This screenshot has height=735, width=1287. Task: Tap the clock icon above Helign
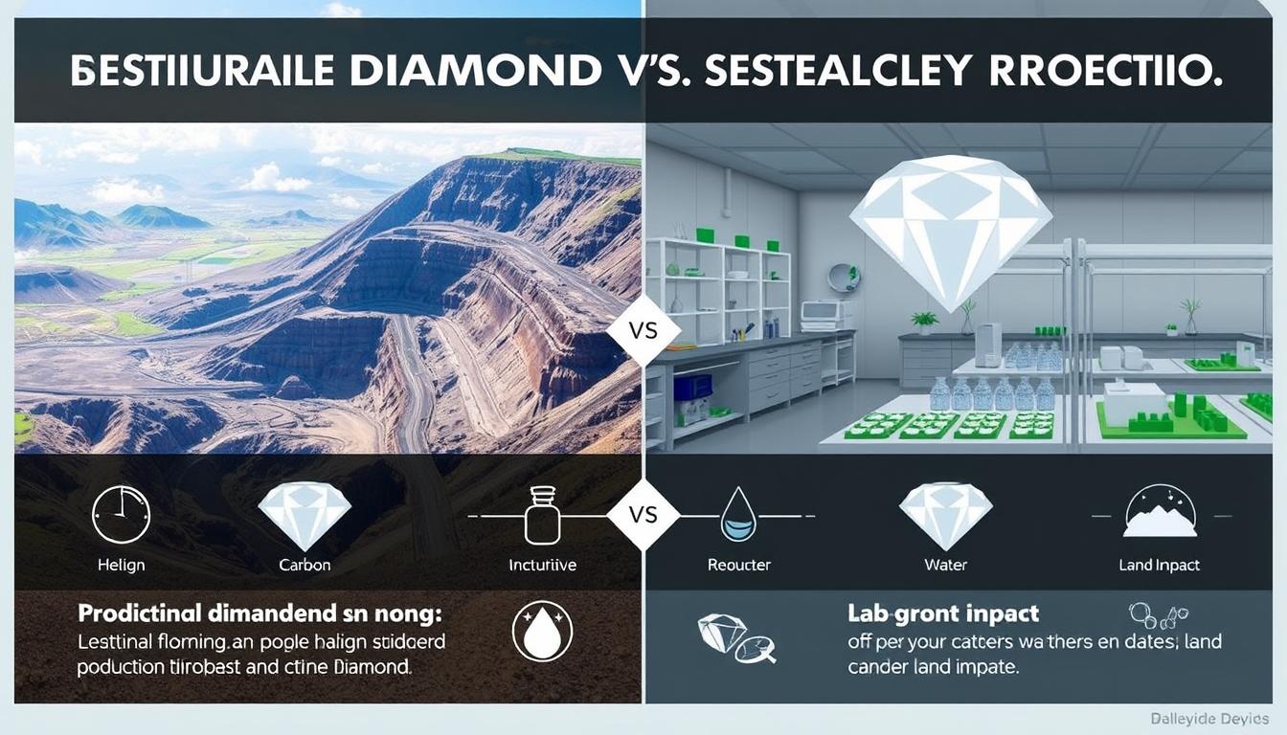click(121, 515)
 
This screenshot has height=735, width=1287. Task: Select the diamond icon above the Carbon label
click(305, 515)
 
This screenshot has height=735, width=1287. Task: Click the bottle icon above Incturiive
click(541, 516)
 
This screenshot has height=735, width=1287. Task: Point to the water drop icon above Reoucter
click(738, 515)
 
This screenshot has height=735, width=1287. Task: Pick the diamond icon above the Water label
click(945, 515)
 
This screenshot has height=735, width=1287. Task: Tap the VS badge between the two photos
click(644, 329)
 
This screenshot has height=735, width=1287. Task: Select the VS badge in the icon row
click(644, 515)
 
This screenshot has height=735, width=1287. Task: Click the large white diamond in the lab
click(951, 230)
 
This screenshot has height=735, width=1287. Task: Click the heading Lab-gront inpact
click(943, 613)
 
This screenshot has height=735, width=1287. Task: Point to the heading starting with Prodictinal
click(253, 612)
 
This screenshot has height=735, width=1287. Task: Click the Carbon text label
click(305, 565)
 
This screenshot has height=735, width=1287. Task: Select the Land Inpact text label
click(1159, 565)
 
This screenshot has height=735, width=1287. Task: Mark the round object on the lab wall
click(844, 278)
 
